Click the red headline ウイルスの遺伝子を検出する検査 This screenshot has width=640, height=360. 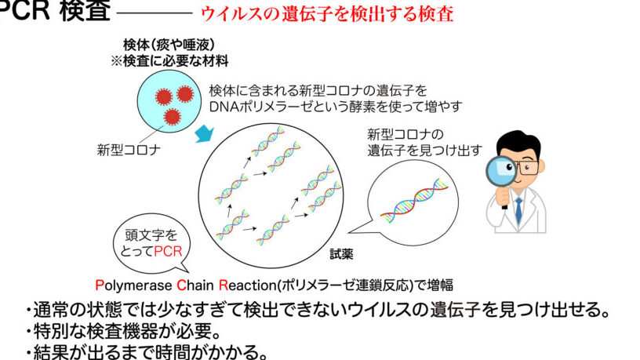coord(327,13)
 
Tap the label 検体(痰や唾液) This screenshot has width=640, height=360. coord(169,45)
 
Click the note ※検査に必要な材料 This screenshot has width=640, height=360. coord(169,61)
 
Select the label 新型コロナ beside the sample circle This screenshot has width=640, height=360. coord(129,150)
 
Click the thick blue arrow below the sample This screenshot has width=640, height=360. coord(205,133)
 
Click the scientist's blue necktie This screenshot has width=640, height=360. coord(518,211)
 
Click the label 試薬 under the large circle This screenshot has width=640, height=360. coord(341,254)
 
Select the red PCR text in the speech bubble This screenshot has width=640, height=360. coord(168,251)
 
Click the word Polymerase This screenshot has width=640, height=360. coord(133,285)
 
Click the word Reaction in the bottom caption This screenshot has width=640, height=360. coord(248,285)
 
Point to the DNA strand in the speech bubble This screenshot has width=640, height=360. coord(414,201)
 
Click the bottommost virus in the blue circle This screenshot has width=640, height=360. coord(173,117)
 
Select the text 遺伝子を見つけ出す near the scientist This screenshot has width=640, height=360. coord(424,151)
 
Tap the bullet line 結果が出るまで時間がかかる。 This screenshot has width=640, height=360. coord(146,352)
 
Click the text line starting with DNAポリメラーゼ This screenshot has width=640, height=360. coord(336,107)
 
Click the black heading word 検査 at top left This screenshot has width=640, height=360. coord(85,10)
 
